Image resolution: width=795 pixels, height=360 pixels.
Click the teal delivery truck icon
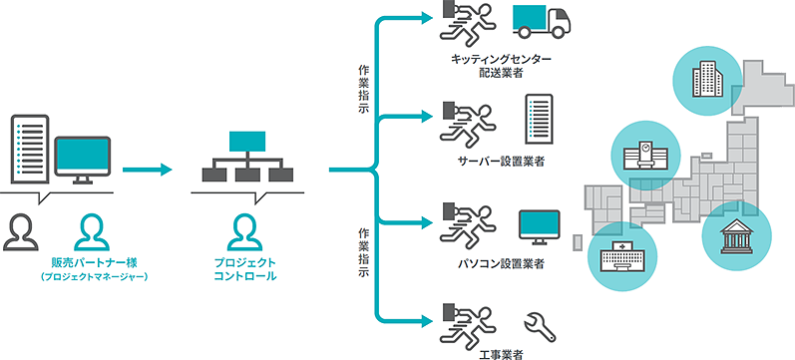[x=542, y=22]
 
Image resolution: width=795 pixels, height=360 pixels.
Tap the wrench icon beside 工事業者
[x=540, y=327]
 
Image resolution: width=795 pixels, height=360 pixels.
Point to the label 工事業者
[x=501, y=353]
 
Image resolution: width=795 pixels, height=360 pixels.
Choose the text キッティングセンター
[x=501, y=59]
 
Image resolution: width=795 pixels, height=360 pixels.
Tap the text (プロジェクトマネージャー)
[x=94, y=277]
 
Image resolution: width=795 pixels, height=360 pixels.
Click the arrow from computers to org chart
[x=148, y=170]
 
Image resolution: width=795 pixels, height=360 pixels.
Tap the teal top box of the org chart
[x=247, y=142]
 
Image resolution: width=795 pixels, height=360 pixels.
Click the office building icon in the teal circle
[x=707, y=78]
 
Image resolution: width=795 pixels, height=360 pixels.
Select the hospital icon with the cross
[x=622, y=255]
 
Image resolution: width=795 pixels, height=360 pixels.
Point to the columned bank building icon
[x=737, y=236]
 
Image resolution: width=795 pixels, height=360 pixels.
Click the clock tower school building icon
[x=645, y=157]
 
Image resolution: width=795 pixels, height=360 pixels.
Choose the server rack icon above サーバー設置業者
[x=539, y=119]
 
